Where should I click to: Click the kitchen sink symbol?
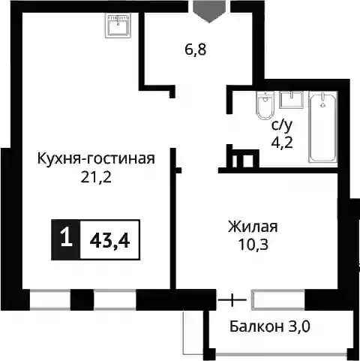click(x=118, y=26)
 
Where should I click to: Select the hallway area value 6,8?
click(x=196, y=50)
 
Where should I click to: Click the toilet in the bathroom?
click(x=265, y=105)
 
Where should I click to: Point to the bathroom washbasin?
click(x=292, y=100)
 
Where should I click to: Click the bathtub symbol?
click(x=322, y=127)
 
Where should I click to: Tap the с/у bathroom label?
click(x=282, y=125)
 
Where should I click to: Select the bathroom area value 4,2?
click(x=282, y=143)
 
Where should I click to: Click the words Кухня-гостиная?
click(x=96, y=159)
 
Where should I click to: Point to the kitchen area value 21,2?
click(x=96, y=177)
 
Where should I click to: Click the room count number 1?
click(x=66, y=239)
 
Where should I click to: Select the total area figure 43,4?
click(x=109, y=242)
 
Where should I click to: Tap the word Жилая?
click(x=253, y=227)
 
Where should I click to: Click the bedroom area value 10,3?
click(x=253, y=245)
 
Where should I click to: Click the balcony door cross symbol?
click(x=232, y=299)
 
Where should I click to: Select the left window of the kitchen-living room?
click(x=50, y=299)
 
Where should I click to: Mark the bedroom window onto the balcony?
click(x=278, y=299)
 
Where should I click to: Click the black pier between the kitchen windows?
click(x=82, y=299)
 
